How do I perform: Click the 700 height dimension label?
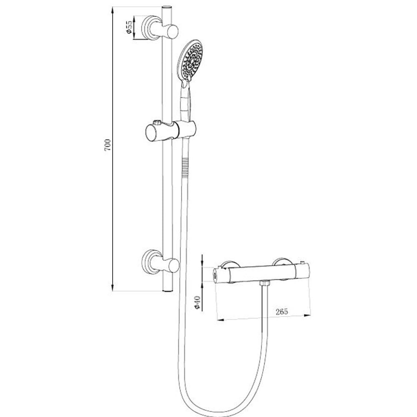[108, 145]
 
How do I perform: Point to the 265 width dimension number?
[282, 311]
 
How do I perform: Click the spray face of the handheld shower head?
[191, 60]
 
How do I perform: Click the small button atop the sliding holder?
[157, 123]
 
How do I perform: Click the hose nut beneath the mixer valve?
[264, 284]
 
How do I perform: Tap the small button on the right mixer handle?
[302, 263]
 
